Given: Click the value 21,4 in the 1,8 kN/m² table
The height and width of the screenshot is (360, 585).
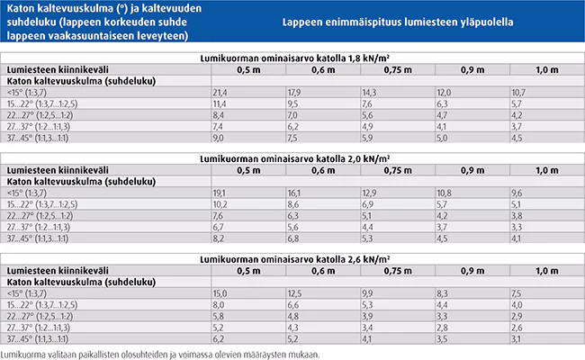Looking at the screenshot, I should [220, 93].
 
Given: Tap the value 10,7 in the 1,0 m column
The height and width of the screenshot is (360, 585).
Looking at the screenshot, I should [517, 93].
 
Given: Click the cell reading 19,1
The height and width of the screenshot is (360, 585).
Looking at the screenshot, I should [220, 193].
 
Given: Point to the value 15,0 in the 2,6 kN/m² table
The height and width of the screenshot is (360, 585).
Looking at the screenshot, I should [220, 293].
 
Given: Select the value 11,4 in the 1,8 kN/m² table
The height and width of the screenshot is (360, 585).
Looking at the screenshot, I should [220, 104].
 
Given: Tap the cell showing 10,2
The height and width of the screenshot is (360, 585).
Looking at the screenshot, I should [220, 205].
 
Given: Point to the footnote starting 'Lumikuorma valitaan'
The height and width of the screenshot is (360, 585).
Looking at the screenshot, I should [159, 354].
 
